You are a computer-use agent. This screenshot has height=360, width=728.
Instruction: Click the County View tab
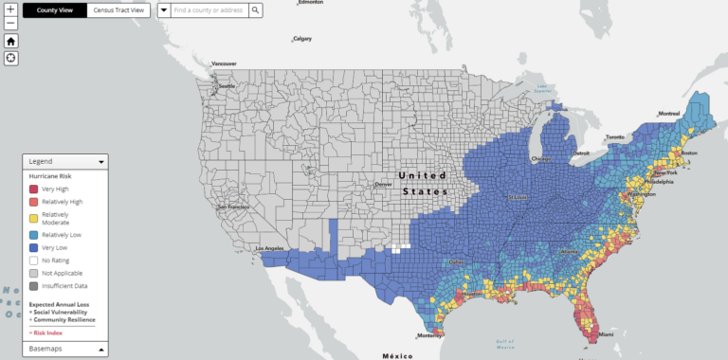[55, 10]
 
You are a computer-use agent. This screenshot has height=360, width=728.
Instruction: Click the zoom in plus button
[10, 9]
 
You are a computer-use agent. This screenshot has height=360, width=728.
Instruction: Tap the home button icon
[10, 41]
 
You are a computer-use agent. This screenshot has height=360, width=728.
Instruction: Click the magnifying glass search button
[255, 10]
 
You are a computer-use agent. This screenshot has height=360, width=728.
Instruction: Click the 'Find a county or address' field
[209, 10]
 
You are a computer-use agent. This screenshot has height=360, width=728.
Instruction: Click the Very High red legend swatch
[33, 189]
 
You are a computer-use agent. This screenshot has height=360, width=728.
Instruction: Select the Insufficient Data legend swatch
[33, 285]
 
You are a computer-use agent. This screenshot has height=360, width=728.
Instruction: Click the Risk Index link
[47, 333]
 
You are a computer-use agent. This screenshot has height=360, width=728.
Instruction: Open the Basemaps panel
[64, 349]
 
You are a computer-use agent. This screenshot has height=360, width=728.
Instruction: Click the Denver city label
[383, 184]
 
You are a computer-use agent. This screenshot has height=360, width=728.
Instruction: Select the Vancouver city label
[224, 63]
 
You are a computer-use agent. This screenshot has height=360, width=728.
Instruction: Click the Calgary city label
[302, 39]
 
